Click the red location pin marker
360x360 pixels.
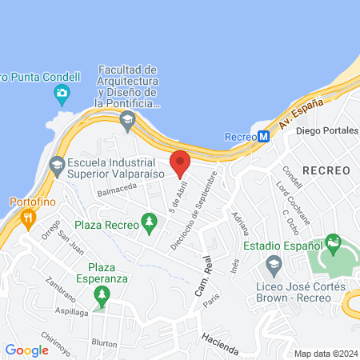point(181,163)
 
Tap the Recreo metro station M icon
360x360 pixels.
point(263,136)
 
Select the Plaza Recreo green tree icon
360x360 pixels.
point(148,221)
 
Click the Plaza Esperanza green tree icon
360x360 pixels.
point(102,296)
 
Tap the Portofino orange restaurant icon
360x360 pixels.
point(29,216)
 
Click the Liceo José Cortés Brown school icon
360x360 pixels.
point(274,264)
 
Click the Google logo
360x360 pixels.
point(27,350)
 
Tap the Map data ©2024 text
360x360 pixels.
point(325,354)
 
